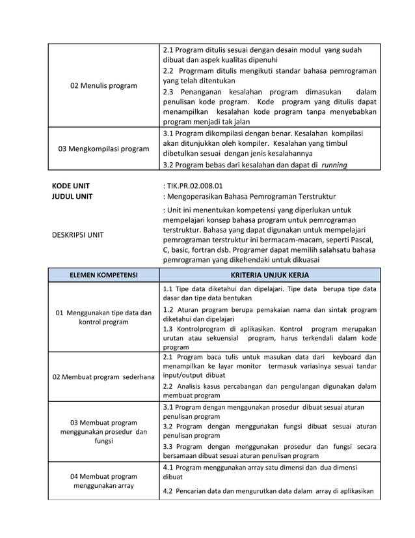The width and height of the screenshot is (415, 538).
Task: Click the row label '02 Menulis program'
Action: click(x=103, y=85)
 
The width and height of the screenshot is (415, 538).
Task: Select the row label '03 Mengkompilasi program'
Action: click(x=103, y=149)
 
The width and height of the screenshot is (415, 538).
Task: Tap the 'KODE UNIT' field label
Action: click(x=71, y=185)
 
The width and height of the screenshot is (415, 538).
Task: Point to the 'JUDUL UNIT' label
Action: click(x=72, y=196)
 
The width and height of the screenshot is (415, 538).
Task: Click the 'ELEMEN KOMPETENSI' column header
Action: click(x=103, y=275)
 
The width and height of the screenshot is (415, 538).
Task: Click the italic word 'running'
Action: click(x=334, y=165)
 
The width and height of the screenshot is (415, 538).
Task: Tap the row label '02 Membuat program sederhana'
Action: click(x=103, y=376)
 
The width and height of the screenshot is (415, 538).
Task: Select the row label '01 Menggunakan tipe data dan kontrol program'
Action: click(x=103, y=317)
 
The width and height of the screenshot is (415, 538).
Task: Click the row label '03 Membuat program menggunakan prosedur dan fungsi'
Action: click(x=103, y=431)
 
